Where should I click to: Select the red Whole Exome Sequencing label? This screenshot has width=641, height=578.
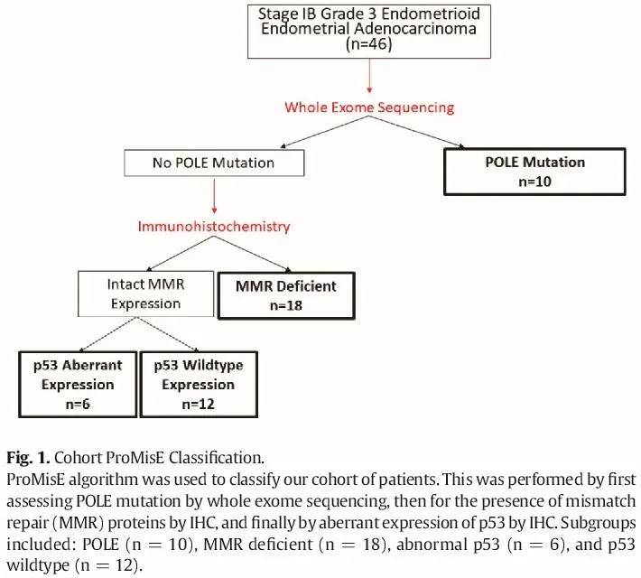click(x=369, y=107)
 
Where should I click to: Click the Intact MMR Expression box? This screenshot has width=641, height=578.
click(x=146, y=294)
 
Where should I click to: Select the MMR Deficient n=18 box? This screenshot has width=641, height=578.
click(x=287, y=294)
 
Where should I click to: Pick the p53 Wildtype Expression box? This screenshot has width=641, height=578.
click(x=196, y=384)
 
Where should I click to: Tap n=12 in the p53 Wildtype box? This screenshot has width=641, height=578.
click(x=196, y=404)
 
